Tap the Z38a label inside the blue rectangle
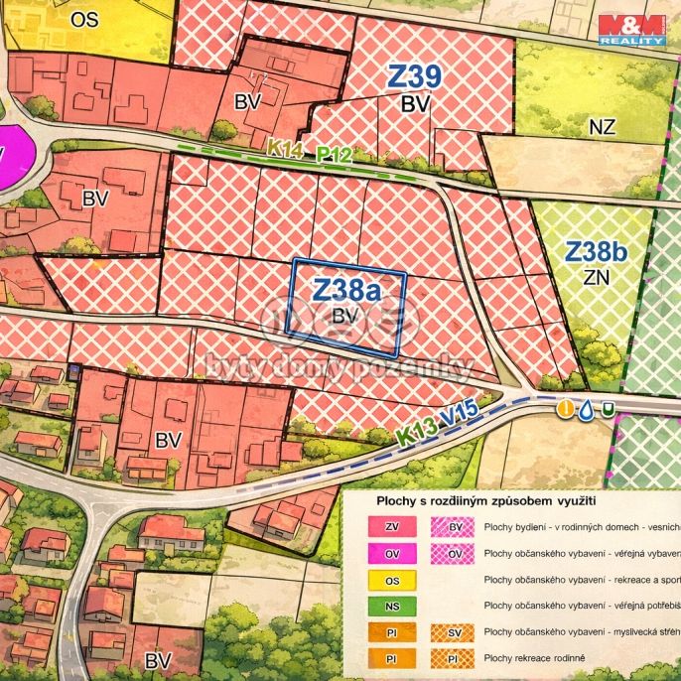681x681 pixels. [346, 289]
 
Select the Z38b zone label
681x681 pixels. [597, 252]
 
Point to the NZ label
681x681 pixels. [602, 126]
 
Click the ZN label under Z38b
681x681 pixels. [597, 279]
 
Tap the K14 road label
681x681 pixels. [284, 147]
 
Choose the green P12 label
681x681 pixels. [334, 154]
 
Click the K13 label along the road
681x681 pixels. [416, 433]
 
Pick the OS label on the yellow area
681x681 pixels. [85, 18]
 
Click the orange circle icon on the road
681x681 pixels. [565, 408]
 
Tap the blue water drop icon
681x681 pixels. [587, 408]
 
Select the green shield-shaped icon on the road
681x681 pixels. [608, 407]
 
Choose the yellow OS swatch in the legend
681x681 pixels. [391, 580]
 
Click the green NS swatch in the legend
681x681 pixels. [391, 606]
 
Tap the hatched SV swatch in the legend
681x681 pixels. [455, 632]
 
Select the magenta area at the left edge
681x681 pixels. [12, 157]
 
